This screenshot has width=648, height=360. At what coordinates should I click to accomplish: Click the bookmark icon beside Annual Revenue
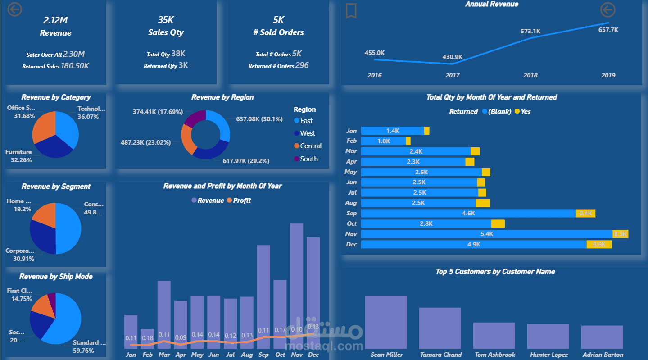[351, 11]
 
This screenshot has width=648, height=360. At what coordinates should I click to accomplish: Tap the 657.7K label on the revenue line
[608, 30]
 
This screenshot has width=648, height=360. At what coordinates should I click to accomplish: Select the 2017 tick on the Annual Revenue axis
[452, 75]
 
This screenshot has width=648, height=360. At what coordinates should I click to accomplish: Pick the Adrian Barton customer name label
[603, 355]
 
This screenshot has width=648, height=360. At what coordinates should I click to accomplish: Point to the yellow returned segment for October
[498, 223]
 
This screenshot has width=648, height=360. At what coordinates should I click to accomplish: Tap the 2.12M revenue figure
[55, 20]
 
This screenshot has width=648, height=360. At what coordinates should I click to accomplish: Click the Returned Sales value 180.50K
[75, 66]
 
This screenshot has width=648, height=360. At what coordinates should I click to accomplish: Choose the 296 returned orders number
[302, 66]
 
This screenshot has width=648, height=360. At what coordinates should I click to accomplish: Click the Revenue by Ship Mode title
[56, 277]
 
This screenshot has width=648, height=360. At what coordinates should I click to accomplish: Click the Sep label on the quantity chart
[351, 214]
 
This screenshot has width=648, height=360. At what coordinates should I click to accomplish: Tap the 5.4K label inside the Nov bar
[487, 234]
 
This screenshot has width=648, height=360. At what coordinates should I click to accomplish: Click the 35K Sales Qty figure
[166, 20]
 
